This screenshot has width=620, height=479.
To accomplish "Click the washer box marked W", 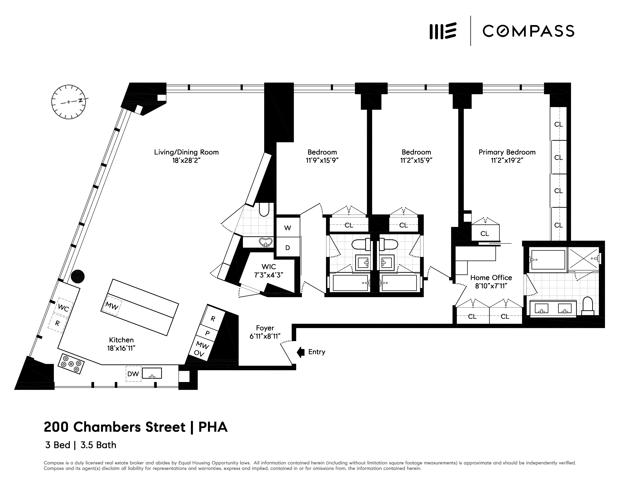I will click(x=288, y=228).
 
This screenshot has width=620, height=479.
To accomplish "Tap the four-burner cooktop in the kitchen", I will click(x=71, y=364).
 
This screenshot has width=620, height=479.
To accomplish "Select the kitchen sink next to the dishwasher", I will click(x=152, y=373).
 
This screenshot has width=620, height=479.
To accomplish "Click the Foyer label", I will click(x=265, y=328).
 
